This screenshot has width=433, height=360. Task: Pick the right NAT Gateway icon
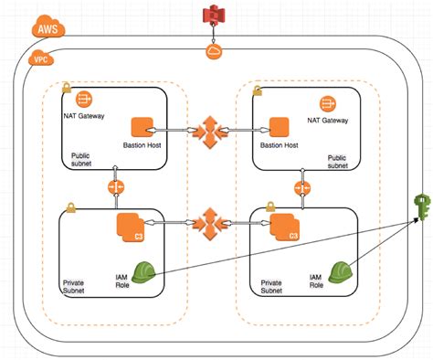click(327, 103)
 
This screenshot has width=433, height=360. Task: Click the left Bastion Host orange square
click(143, 128)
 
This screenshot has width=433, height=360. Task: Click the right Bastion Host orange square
click(279, 128)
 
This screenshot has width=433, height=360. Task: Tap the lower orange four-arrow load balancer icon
click(208, 221)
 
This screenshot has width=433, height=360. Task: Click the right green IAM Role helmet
click(342, 271)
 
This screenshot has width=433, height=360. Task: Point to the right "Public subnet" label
click(338, 162)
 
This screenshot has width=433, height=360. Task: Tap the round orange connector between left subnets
click(115, 187)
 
